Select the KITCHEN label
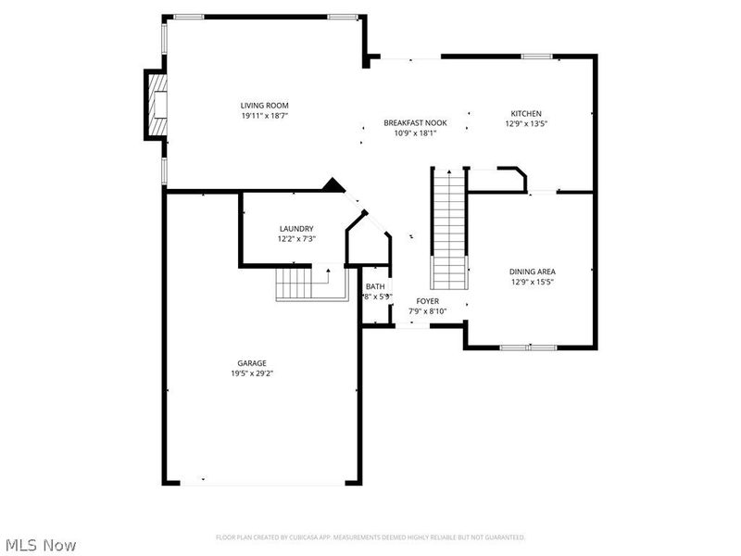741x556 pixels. pyautogui.click(x=526, y=113)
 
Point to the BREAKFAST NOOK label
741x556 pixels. pyautogui.click(x=415, y=122)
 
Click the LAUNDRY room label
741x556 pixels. pyautogui.click(x=296, y=229)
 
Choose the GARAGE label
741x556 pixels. pyautogui.click(x=251, y=362)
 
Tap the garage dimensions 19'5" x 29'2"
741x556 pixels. pyautogui.click(x=251, y=373)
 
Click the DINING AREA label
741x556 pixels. pyautogui.click(x=533, y=272)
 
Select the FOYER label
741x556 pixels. pyautogui.click(x=428, y=301)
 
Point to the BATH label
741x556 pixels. pyautogui.click(x=375, y=286)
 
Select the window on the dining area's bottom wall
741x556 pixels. pyautogui.click(x=528, y=347)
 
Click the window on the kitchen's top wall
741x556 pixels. pyautogui.click(x=536, y=57)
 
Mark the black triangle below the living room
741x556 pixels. pyautogui.click(x=333, y=185)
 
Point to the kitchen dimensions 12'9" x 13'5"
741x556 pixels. pyautogui.click(x=526, y=123)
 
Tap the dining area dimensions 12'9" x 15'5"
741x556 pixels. pyautogui.click(x=533, y=283)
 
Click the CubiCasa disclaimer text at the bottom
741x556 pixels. pyautogui.click(x=370, y=537)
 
